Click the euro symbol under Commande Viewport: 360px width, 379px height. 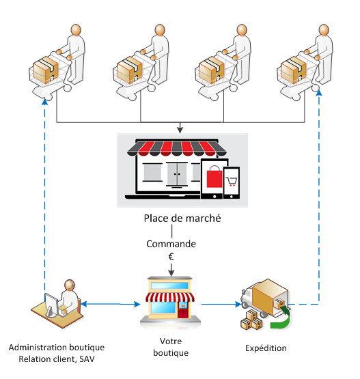coord(171,257)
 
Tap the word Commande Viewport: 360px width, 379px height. coord(171,244)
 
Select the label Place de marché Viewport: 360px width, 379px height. coord(182,219)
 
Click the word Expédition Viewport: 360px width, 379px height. coord(266,348)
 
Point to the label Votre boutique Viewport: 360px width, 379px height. coord(171,347)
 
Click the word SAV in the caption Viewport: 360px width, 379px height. coord(87,359)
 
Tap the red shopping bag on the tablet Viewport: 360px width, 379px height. coord(214,176)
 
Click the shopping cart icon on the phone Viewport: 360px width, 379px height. coord(232,181)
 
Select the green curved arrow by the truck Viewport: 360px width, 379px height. coord(281,319)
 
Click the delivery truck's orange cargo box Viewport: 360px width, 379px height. coord(269,296)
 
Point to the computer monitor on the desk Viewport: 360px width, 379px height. coord(51,305)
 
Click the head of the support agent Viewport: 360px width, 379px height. coord(70,285)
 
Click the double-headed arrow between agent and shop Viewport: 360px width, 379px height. coord(111,304)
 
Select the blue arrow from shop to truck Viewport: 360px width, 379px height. coord(221,304)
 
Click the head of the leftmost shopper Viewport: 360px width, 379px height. coord(76,30)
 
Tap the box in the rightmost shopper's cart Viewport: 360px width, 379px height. coord(294,70)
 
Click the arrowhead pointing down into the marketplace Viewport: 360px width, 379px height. coord(180,130)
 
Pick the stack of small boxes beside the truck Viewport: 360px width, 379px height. coord(251,320)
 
